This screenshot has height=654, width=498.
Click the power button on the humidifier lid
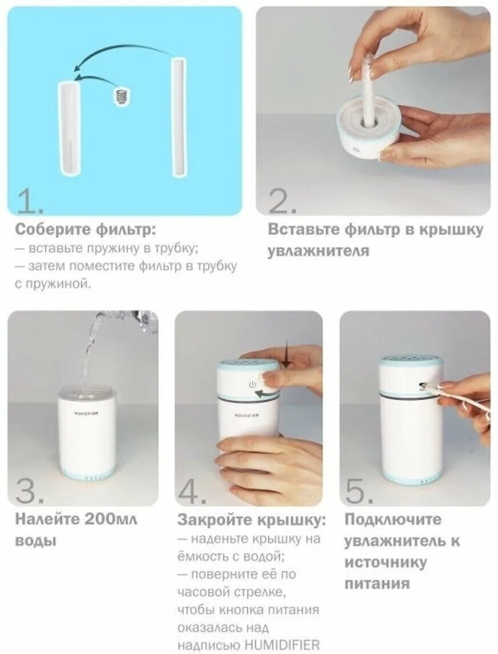pos(252,384)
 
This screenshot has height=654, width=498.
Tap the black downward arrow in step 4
pos(286,354)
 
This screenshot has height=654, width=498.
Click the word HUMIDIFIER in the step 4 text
pos(282,644)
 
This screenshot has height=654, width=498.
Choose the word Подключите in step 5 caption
pos(393,520)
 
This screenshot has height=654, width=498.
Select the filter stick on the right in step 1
pos(180,118)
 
